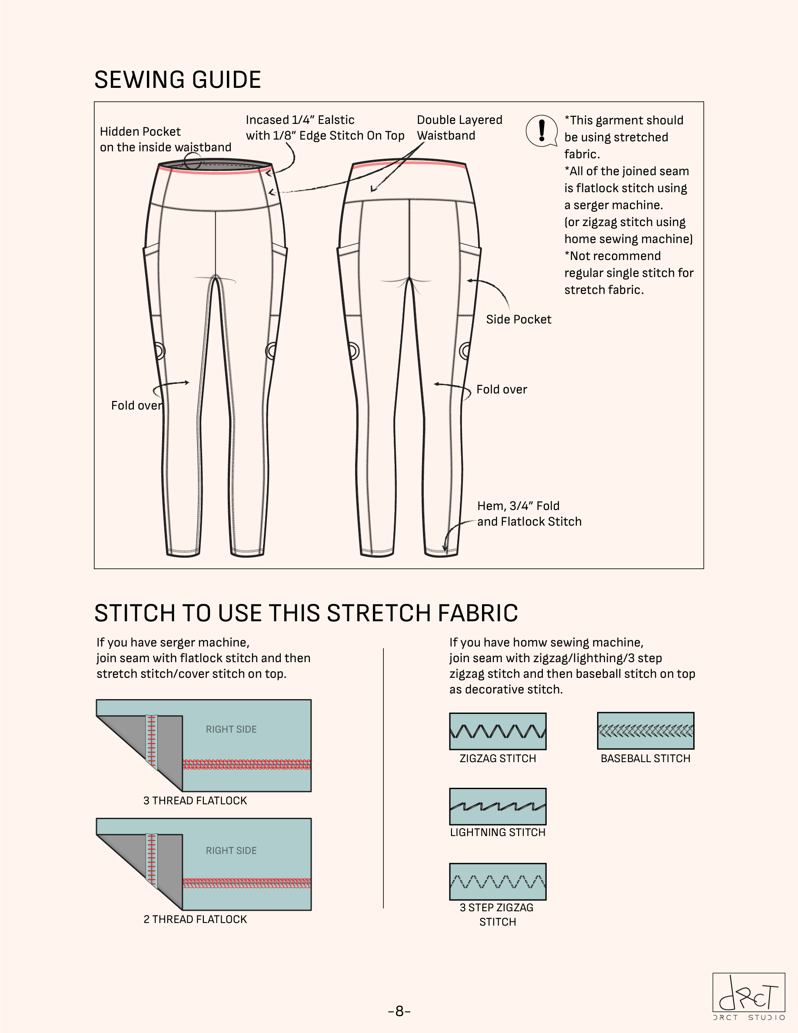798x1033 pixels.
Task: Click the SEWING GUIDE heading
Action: tap(177, 80)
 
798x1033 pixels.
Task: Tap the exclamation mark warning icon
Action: tap(542, 130)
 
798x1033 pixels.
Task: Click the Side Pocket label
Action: tap(519, 320)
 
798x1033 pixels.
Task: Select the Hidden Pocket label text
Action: tap(166, 139)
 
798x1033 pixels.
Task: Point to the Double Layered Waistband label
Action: tap(459, 128)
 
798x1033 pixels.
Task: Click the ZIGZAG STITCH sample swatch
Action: tap(497, 731)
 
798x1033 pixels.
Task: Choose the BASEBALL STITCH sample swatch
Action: tap(645, 731)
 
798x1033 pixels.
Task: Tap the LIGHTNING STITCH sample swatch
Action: tap(497, 806)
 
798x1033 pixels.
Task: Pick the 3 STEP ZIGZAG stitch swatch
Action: tap(497, 882)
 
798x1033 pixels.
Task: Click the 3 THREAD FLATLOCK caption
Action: tap(195, 801)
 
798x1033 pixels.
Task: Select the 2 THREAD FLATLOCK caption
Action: tap(195, 920)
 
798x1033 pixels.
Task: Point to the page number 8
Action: tap(399, 1011)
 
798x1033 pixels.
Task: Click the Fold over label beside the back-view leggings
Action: tap(502, 390)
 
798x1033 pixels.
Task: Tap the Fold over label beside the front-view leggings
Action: tap(136, 406)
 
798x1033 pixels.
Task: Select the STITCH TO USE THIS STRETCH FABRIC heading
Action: tap(306, 613)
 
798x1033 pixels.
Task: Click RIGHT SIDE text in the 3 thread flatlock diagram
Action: tap(231, 730)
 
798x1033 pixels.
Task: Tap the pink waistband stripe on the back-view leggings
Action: tap(409, 163)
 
